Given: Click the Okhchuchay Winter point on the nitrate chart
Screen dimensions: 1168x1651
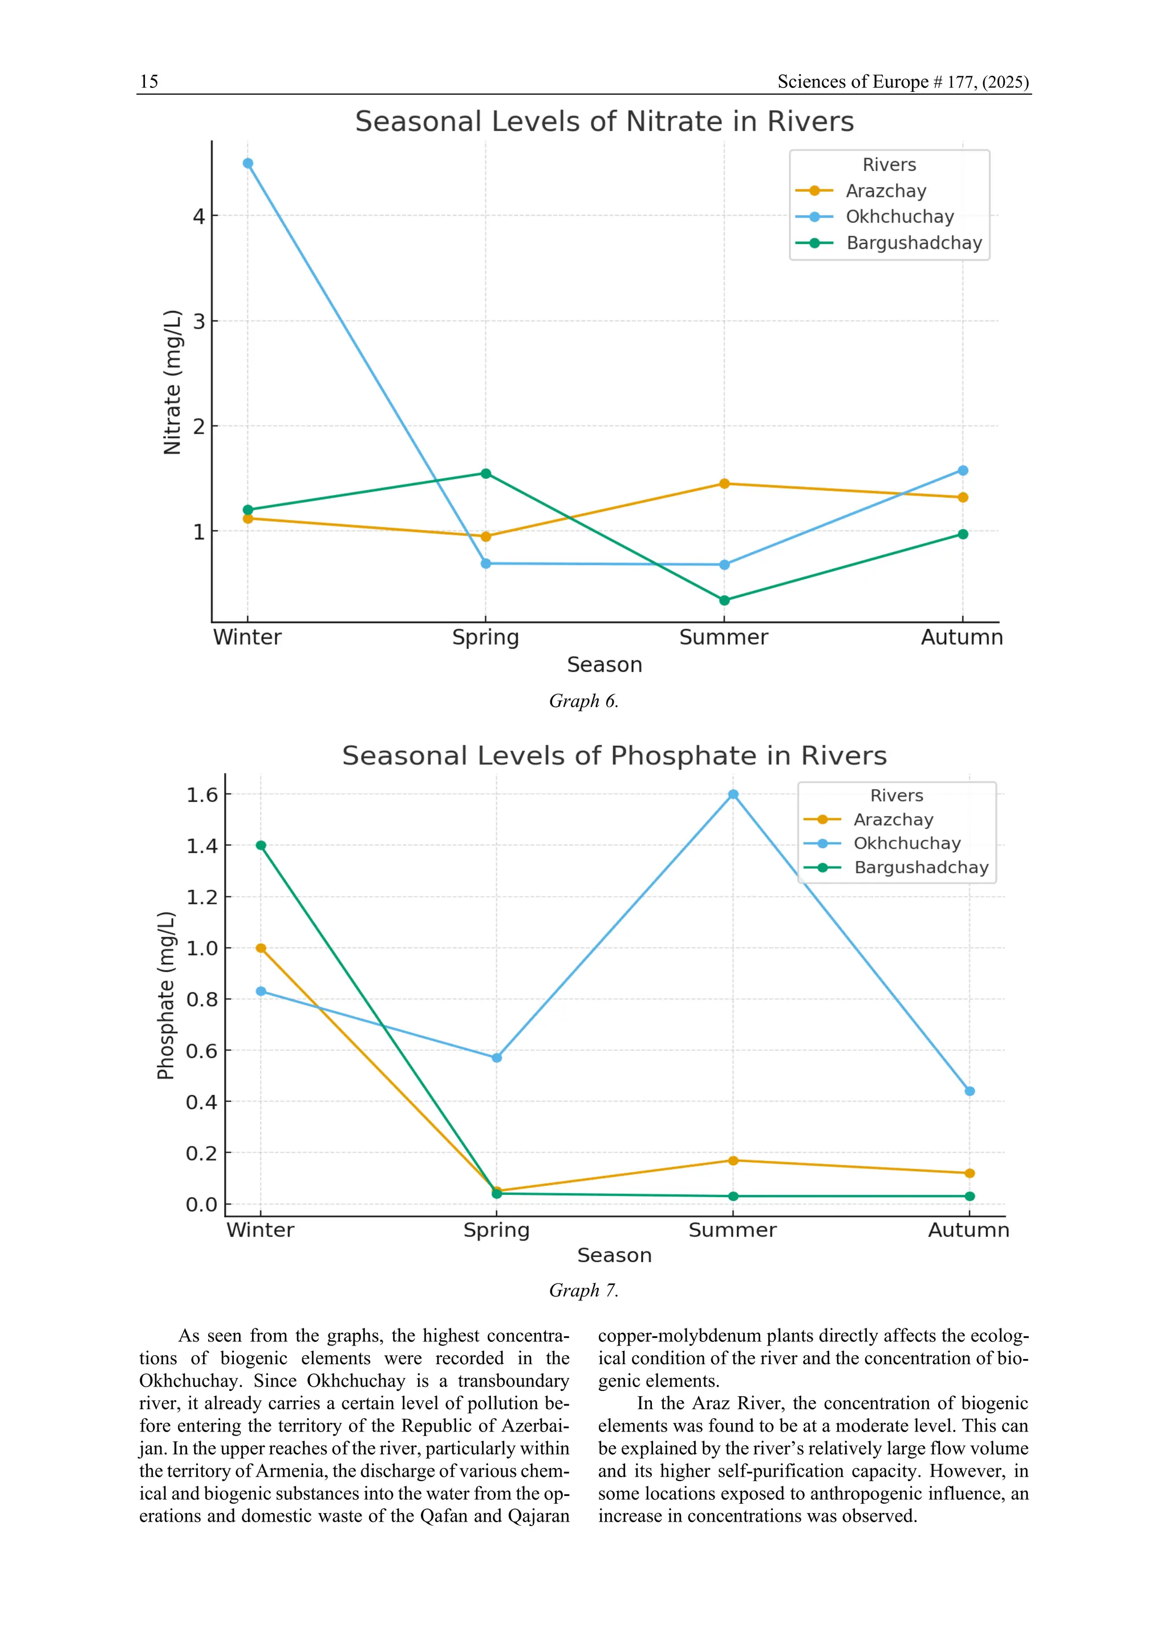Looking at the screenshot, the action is [248, 163].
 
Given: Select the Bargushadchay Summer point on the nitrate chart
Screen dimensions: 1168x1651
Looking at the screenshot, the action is [724, 600].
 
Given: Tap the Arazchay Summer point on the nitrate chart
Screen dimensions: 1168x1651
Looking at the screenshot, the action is [724, 484].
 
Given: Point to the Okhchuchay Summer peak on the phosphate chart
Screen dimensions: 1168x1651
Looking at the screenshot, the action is [733, 795].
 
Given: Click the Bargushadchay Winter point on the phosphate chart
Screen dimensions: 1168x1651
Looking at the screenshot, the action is [261, 845].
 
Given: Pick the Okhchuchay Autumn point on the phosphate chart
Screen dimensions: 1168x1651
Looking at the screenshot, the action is [970, 1092].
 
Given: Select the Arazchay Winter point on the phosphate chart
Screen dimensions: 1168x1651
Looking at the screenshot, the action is [261, 949].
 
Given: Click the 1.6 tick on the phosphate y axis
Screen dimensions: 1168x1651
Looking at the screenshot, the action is [201, 795].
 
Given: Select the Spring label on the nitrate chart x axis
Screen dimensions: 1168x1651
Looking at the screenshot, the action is [485, 638].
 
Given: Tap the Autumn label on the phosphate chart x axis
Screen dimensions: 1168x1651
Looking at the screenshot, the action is [969, 1230].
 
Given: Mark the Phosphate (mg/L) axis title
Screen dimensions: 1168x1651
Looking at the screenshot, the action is [166, 995].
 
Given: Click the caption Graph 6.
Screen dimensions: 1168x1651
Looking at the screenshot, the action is [584, 701].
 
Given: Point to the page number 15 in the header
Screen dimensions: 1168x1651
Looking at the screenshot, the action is [149, 82].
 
